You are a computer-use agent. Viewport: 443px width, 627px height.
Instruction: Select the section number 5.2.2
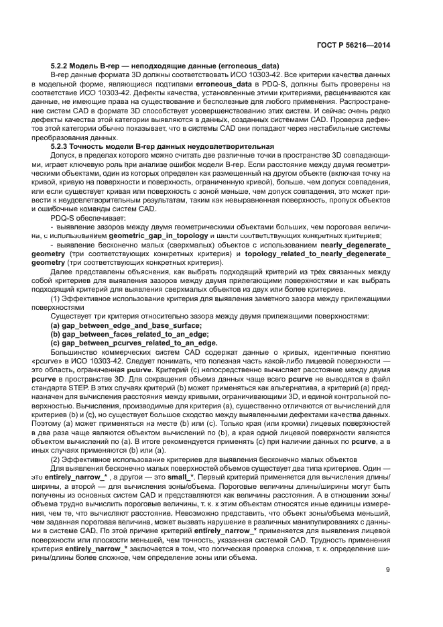point(60,66)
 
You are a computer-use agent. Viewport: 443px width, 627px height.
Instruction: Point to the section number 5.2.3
point(60,146)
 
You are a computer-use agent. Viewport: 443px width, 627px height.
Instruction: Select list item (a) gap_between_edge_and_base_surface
point(126,325)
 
